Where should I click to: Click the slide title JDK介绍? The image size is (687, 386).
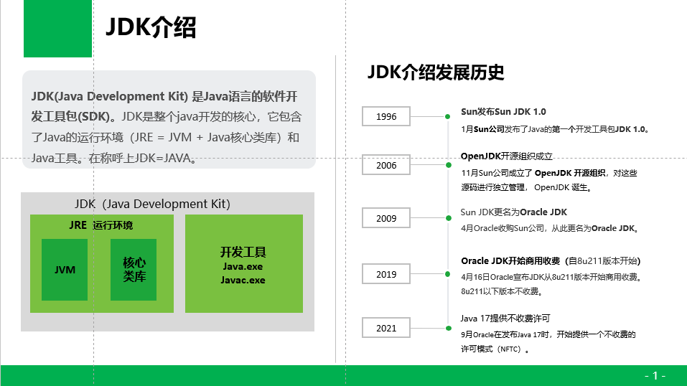click(x=151, y=27)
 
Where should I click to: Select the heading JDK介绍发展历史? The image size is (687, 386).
click(x=436, y=72)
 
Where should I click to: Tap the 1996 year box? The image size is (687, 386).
click(x=386, y=116)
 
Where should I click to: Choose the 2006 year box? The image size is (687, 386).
click(x=386, y=165)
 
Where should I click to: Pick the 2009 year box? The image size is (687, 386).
click(x=386, y=218)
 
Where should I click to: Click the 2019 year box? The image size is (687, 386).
click(x=386, y=274)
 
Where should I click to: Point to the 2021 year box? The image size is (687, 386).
click(x=386, y=328)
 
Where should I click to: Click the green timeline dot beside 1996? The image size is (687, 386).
click(x=447, y=116)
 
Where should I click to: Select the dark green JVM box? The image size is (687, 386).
click(x=65, y=270)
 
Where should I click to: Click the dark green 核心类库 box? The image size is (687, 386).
click(x=134, y=270)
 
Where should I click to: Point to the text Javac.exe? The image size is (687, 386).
click(x=243, y=280)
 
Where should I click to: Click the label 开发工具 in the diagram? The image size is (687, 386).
click(x=243, y=253)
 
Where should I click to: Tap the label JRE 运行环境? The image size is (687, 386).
click(x=101, y=225)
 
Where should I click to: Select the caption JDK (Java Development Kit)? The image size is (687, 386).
click(x=152, y=204)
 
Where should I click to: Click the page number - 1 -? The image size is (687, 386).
click(x=655, y=375)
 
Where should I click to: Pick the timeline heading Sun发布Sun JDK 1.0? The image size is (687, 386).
click(x=503, y=112)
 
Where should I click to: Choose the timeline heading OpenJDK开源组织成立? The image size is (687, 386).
click(x=505, y=156)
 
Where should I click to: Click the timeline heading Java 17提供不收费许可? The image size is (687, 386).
click(x=505, y=318)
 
